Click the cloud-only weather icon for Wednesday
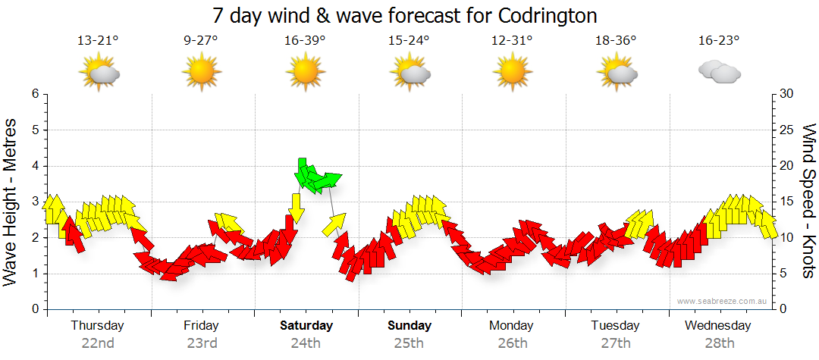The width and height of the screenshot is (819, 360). [719, 72]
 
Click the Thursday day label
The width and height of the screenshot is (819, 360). [97, 325]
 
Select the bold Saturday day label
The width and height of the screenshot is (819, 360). [306, 325]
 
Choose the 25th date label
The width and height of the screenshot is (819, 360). [409, 343]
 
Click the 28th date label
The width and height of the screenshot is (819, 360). [719, 343]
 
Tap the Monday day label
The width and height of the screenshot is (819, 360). [512, 325]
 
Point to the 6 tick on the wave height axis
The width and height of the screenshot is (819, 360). [35, 94]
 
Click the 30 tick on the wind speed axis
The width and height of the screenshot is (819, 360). [787, 94]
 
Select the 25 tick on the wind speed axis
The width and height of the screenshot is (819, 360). [787, 130]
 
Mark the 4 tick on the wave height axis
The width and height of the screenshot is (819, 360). [35, 166]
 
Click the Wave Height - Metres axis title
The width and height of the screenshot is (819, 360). [11, 202]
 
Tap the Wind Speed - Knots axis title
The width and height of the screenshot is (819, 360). [808, 202]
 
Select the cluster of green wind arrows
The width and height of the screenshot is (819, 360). [316, 177]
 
